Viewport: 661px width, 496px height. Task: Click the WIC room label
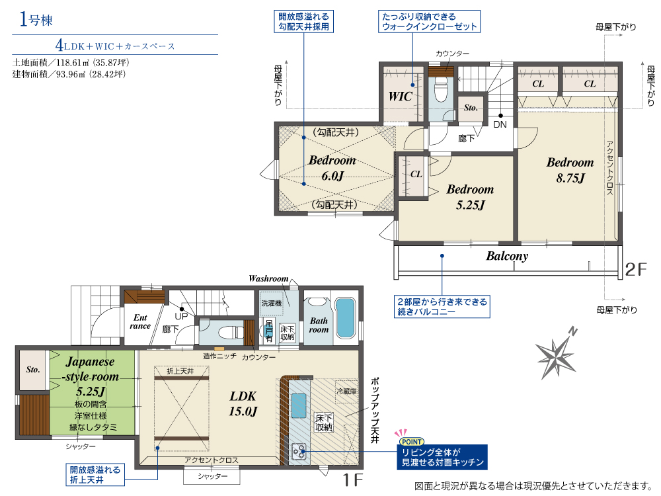pos(400,97)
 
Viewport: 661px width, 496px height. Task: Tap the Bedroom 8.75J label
pos(570,170)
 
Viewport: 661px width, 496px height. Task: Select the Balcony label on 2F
pos(507,256)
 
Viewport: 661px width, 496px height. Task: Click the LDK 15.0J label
pos(243,403)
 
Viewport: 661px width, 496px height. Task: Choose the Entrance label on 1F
pos(140,321)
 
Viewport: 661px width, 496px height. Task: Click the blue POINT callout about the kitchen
pos(442,457)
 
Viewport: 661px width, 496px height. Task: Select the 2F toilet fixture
pos(440,91)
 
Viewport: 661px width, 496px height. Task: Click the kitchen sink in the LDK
pos(299,405)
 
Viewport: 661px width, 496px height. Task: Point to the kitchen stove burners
pos(299,451)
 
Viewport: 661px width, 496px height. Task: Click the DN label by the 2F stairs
pos(500,124)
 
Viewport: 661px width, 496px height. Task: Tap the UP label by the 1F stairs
pos(181,316)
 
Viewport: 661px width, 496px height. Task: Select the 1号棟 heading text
pos(36,19)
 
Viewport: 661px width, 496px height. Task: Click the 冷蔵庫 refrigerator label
pos(346,392)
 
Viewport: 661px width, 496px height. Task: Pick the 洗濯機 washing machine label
pos(272,304)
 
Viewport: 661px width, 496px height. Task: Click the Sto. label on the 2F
pos(471,108)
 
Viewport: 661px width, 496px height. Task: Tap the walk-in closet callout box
pos(429,22)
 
